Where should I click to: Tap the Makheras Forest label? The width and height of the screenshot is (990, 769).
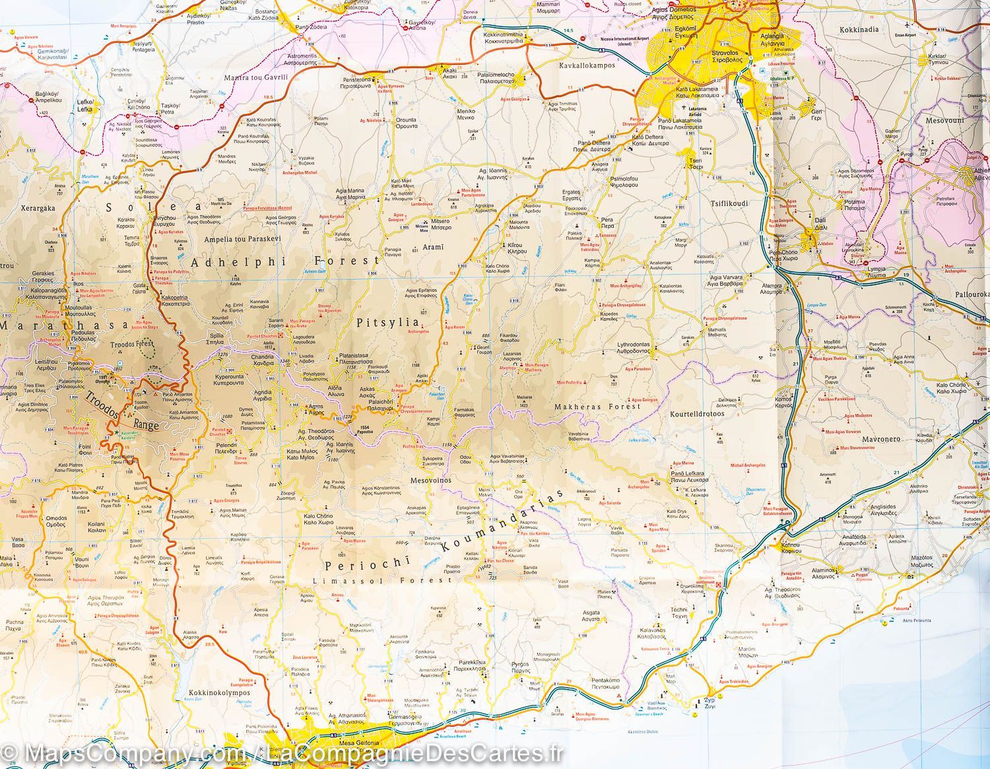tap(597, 407)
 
